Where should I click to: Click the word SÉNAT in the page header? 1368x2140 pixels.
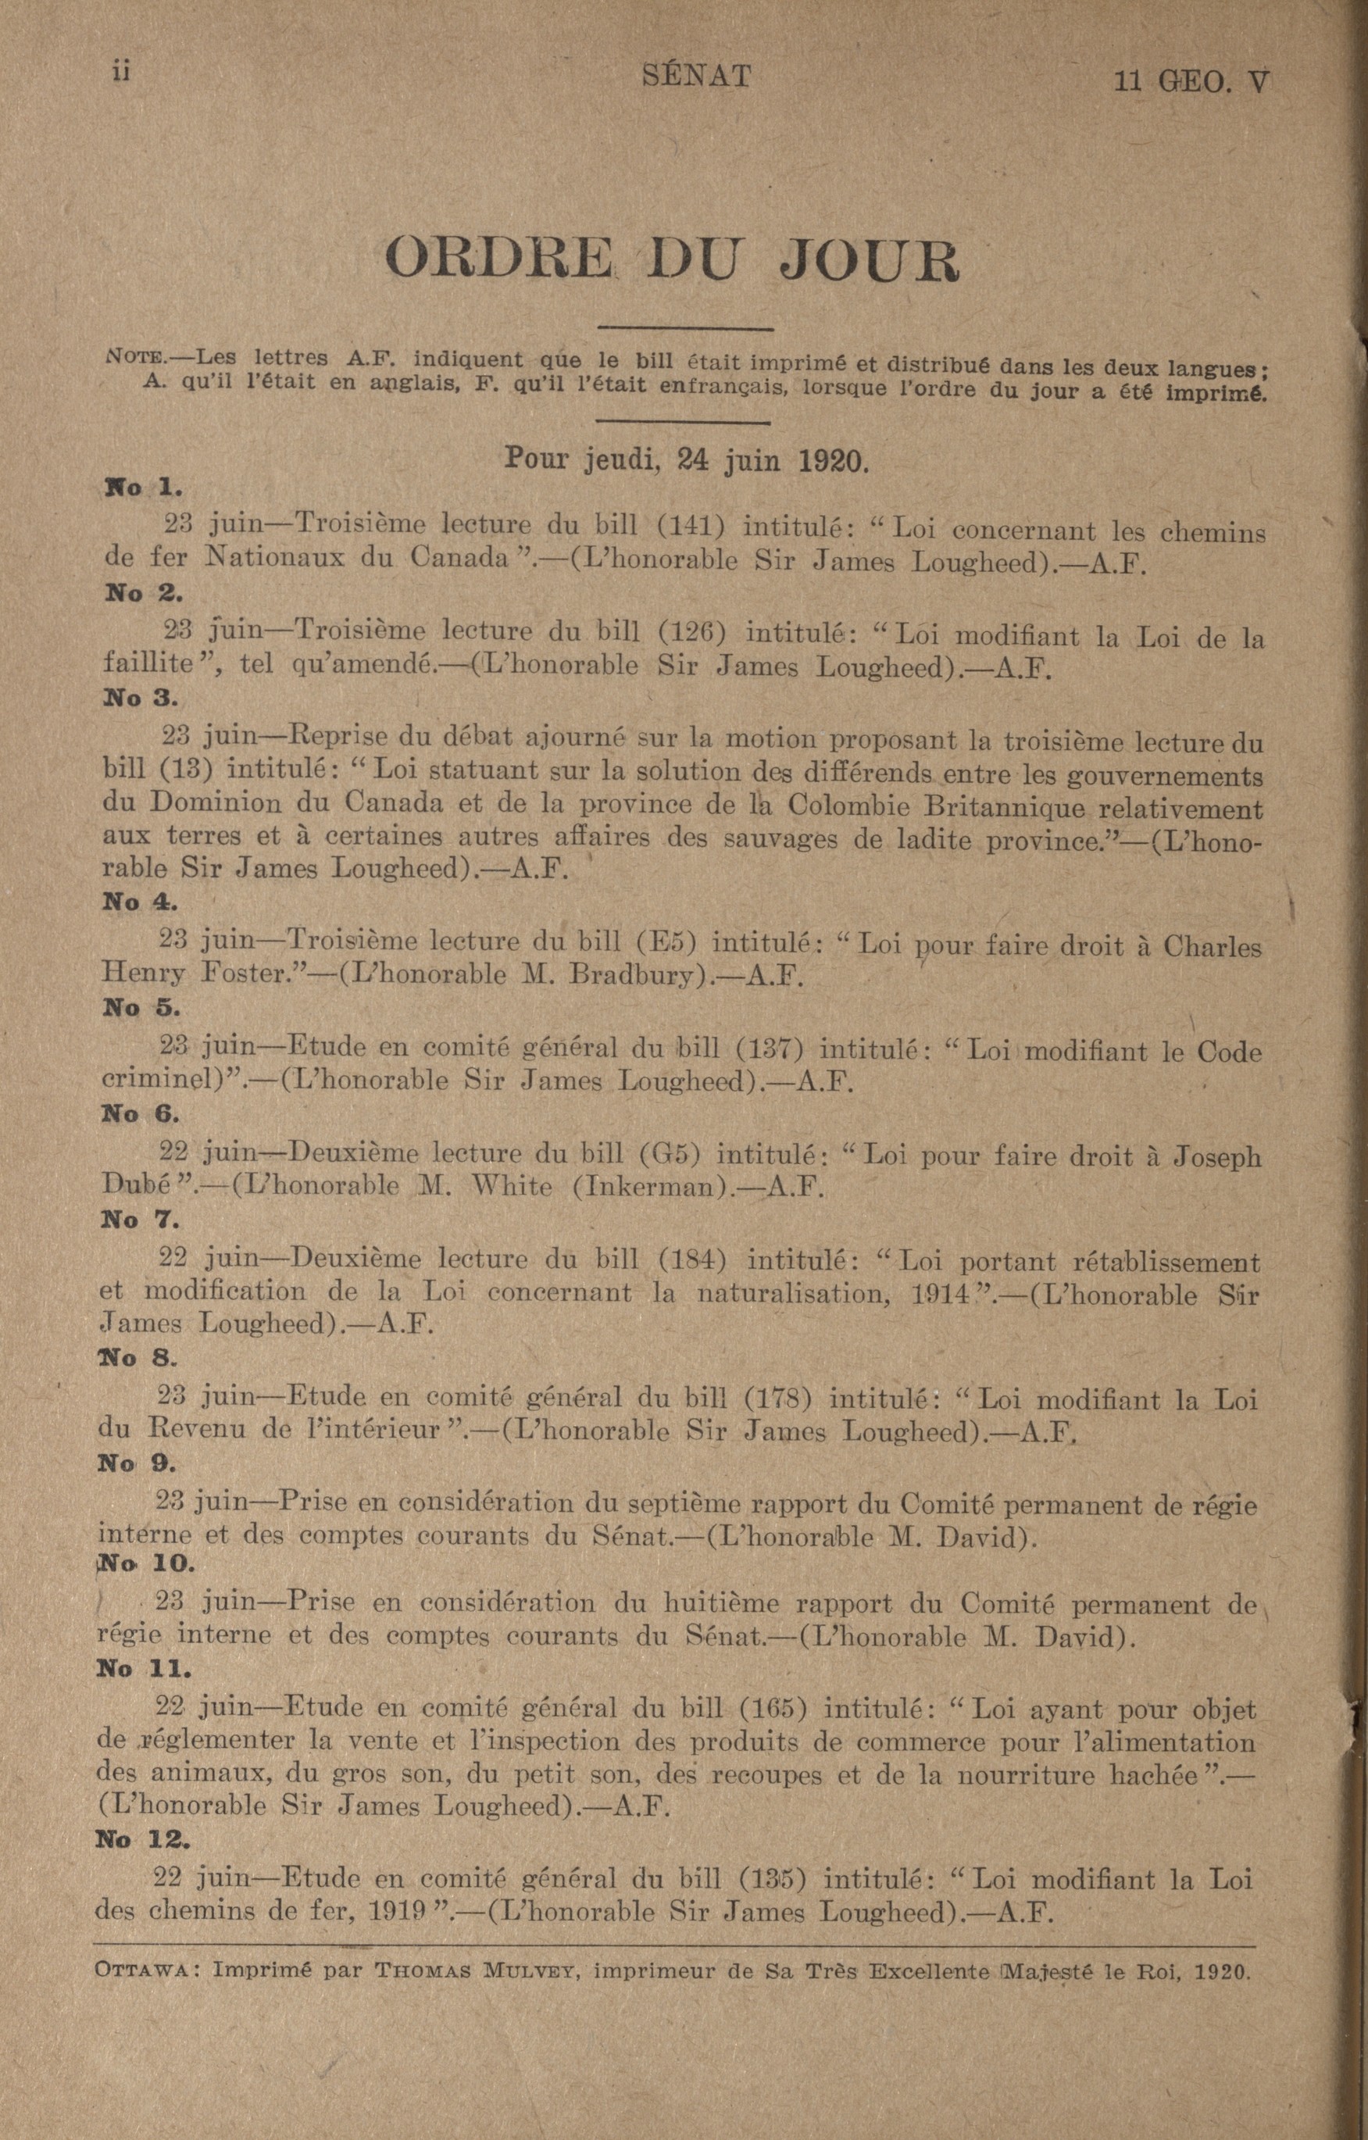point(696,77)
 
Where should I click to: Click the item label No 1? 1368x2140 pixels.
point(143,487)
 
